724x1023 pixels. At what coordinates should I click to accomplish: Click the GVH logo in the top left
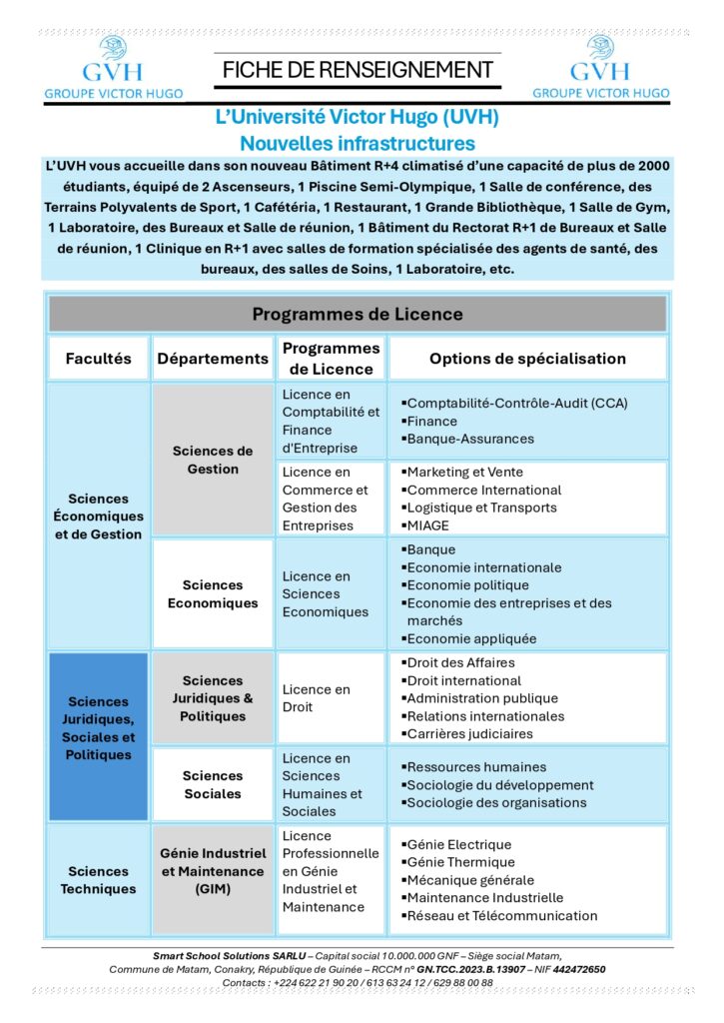point(113,66)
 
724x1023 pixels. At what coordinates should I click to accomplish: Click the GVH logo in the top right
point(600,66)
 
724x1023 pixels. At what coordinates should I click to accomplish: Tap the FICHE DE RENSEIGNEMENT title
point(358,70)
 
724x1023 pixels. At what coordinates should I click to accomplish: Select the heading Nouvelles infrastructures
point(358,144)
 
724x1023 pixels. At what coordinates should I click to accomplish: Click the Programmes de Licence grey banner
point(358,314)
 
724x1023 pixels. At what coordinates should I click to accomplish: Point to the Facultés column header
point(98,359)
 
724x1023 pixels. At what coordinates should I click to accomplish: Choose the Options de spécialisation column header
point(527,359)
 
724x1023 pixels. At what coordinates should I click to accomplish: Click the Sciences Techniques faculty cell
point(98,879)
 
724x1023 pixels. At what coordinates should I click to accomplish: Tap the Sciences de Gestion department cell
point(213,460)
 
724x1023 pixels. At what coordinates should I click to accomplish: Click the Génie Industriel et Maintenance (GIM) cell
point(213,870)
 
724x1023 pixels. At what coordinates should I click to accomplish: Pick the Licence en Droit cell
point(317,697)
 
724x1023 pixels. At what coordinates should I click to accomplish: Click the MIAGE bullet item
point(428,525)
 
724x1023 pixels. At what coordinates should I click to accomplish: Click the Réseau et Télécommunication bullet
point(501,915)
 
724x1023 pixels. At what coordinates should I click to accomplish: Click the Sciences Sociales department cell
point(213,784)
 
